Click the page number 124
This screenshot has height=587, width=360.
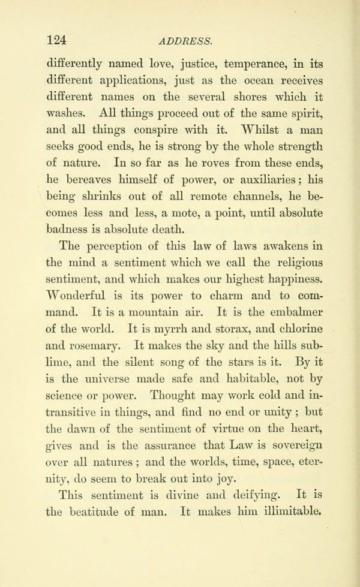pyautogui.click(x=56, y=40)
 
